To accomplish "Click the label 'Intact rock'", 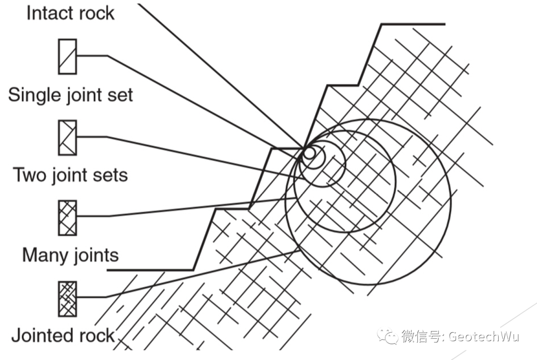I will pyautogui.click(x=70, y=13).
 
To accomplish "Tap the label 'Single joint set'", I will pyautogui.click(x=71, y=94).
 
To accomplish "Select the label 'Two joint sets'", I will pyautogui.click(x=70, y=175).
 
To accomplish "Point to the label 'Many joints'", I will pyautogui.click(x=71, y=255).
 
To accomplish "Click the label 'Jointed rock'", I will pyautogui.click(x=63, y=336).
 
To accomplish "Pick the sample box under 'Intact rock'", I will pyautogui.click(x=67, y=56).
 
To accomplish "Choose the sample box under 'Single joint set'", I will pyautogui.click(x=67, y=137).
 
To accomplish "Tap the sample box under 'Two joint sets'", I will pyautogui.click(x=67, y=218).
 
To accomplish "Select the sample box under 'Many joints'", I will pyautogui.click(x=67, y=298).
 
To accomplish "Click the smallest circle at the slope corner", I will pyautogui.click(x=309, y=153).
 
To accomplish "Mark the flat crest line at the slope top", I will pyautogui.click(x=413, y=24).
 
